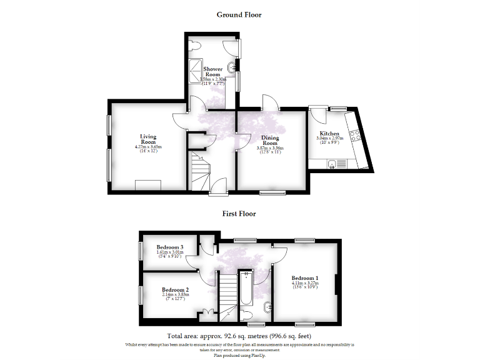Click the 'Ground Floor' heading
click(x=239, y=14)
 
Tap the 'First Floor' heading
click(x=239, y=213)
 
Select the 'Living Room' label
click(x=148, y=139)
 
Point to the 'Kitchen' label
click(x=329, y=134)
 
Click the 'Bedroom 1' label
click(x=305, y=278)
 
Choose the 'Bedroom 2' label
click(x=175, y=290)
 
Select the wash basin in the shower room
click(x=232, y=67)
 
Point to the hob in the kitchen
click(x=355, y=134)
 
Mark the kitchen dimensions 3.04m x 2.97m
click(x=329, y=139)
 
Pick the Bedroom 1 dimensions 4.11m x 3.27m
click(x=305, y=284)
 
